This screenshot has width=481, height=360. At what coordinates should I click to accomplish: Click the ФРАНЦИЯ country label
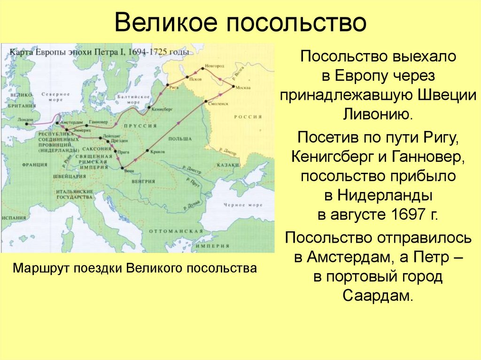coord(35,165)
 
